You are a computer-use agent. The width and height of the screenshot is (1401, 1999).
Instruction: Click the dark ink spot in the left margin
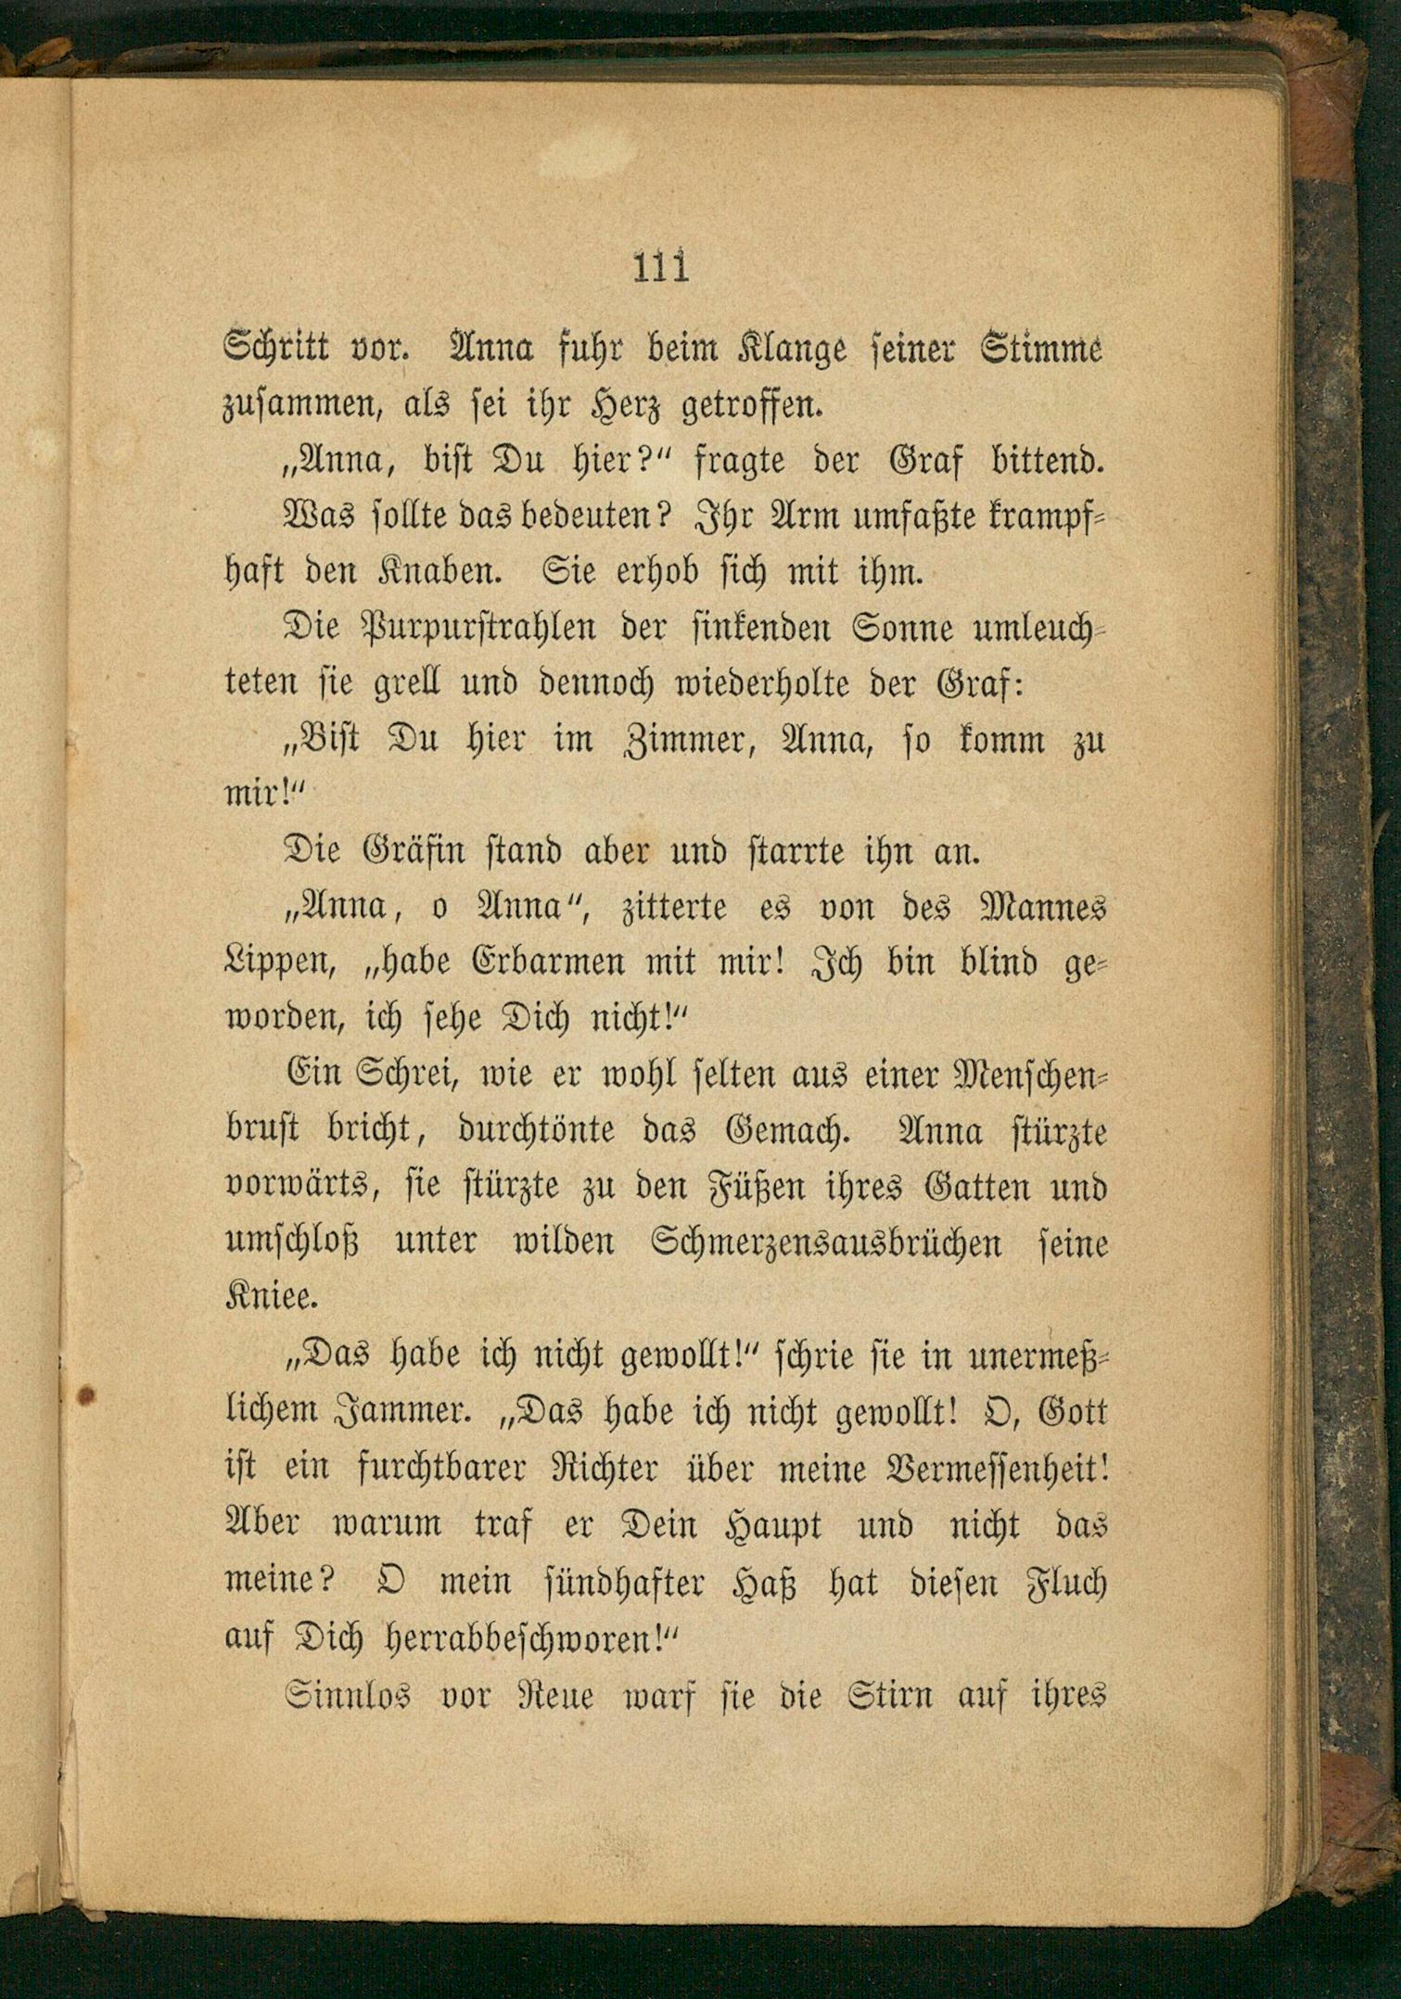pos(85,1394)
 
